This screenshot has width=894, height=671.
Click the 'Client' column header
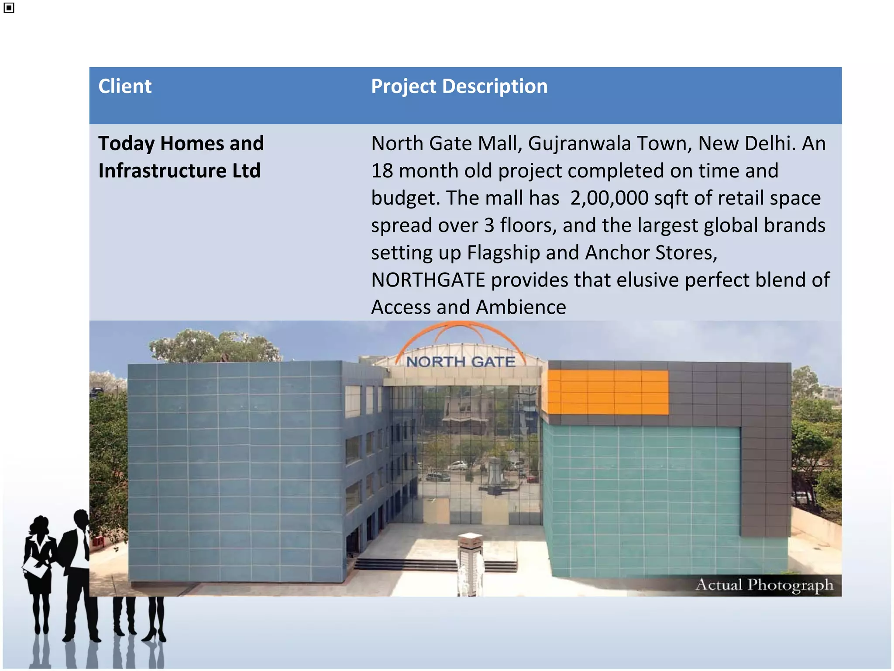coord(125,86)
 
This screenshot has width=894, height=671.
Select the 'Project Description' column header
coord(459,86)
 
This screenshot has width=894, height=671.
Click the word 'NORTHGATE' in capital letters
coord(428,280)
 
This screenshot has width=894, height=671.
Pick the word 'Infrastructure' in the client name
coord(162,171)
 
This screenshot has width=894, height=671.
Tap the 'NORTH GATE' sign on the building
coord(460,362)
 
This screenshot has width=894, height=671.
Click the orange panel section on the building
coord(607,392)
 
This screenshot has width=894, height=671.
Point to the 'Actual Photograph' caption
coord(764,585)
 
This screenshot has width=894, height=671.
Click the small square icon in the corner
coord(9,8)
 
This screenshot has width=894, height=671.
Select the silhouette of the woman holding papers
coord(39,568)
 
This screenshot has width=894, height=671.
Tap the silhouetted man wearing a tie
coord(79,568)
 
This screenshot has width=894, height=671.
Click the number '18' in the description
coord(382,171)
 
